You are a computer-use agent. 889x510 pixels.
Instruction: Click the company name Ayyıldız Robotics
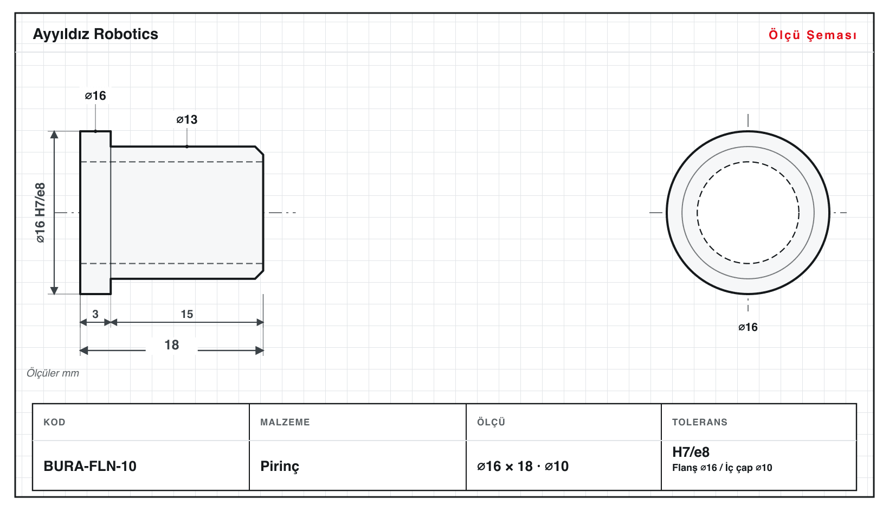[x=95, y=35]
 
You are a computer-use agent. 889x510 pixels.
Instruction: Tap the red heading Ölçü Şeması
[x=813, y=35]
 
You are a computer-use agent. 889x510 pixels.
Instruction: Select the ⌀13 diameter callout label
[x=187, y=119]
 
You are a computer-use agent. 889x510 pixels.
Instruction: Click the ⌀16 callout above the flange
[x=95, y=95]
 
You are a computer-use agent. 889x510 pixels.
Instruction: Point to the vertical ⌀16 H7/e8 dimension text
[x=41, y=213]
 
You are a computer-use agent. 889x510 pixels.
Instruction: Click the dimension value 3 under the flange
[x=95, y=314]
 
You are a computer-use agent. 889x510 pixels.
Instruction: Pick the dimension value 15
[x=187, y=314]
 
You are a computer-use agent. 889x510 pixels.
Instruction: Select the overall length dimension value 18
[x=172, y=345]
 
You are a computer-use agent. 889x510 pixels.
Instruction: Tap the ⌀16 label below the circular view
[x=748, y=327]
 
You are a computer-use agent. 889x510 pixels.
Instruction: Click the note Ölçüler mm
[x=53, y=373]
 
